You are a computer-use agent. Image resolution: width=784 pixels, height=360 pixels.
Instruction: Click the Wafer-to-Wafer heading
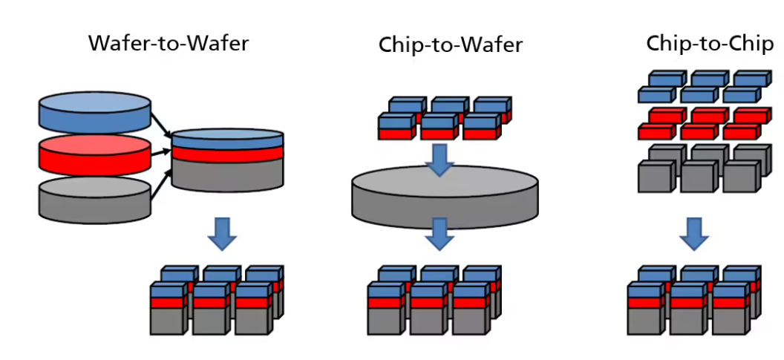click(x=169, y=43)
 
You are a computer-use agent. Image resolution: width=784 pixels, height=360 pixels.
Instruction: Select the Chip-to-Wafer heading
click(x=451, y=45)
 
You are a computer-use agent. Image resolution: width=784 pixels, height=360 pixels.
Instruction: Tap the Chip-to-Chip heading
click(x=709, y=44)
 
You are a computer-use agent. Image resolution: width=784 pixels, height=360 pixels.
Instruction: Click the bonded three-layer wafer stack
click(x=227, y=159)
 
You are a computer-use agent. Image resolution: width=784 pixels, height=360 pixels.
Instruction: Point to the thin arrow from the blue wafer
click(x=160, y=122)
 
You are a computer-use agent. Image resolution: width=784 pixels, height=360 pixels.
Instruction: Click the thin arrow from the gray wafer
click(x=160, y=186)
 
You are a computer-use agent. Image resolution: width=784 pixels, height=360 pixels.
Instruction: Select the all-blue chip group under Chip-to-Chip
click(x=702, y=87)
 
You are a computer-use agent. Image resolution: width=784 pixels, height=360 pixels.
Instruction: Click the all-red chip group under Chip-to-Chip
click(x=702, y=123)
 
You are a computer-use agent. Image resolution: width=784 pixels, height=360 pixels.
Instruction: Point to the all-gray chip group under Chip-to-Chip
click(x=702, y=170)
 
